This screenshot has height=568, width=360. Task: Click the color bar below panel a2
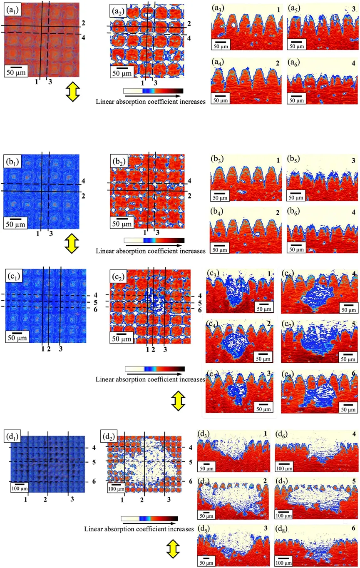coord(153,91)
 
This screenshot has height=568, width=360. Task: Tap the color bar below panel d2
coord(149,518)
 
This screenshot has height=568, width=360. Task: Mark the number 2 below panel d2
coord(142,499)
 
